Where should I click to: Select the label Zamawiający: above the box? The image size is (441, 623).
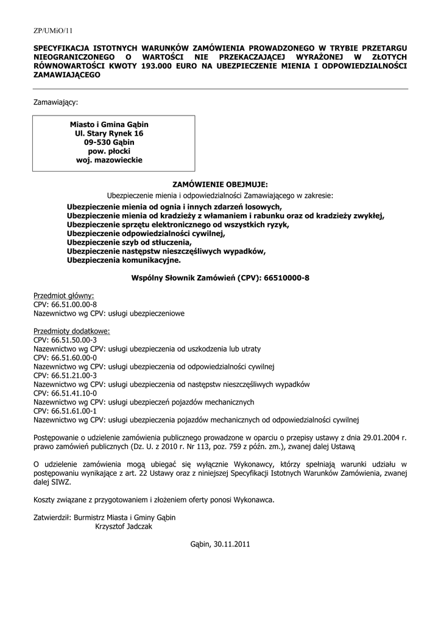(55, 103)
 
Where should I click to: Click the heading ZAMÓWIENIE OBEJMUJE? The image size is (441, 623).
(220, 184)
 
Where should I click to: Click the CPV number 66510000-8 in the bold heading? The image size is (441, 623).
(288, 277)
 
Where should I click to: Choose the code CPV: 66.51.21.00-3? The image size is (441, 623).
(65, 375)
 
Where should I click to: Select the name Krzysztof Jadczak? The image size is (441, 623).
(124, 526)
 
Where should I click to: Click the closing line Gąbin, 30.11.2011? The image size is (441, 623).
(220, 544)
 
